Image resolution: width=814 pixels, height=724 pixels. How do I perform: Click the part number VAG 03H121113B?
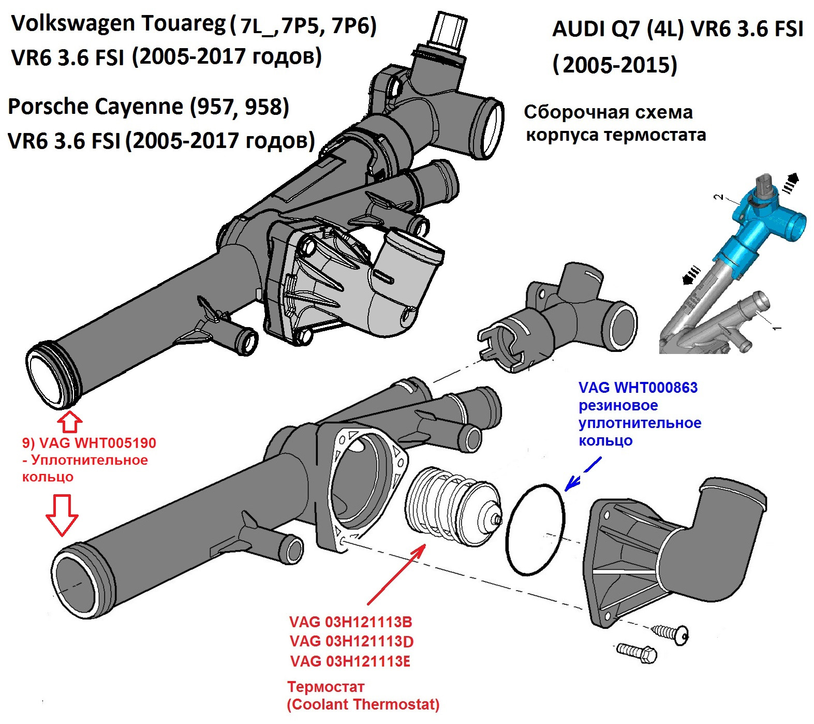[x=350, y=622]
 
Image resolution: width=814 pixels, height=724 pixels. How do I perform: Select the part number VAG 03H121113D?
[x=351, y=642]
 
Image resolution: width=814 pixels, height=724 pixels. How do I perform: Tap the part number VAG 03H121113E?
[x=350, y=661]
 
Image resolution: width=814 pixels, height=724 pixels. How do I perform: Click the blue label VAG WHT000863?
[x=638, y=388]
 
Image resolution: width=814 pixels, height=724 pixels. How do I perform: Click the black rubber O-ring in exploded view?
[x=536, y=529]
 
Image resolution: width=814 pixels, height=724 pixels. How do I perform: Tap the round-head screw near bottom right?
[x=671, y=632]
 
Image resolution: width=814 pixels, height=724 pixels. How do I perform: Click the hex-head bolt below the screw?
[x=637, y=653]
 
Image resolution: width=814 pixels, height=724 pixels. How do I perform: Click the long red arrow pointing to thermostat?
[x=396, y=574]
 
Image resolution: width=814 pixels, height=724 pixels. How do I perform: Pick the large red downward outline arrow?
[x=62, y=514]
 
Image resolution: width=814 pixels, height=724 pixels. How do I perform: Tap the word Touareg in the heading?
[x=184, y=23]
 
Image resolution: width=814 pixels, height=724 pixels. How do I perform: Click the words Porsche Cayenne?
[x=96, y=107]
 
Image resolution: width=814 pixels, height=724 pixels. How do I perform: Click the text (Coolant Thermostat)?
[x=363, y=704]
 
